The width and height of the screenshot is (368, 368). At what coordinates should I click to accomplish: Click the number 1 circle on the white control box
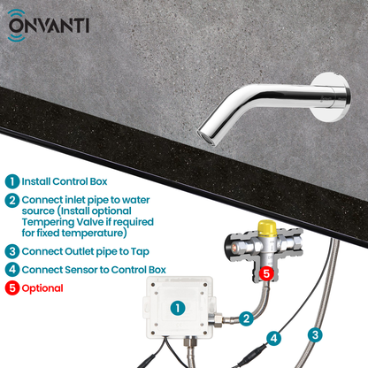pos(177,309)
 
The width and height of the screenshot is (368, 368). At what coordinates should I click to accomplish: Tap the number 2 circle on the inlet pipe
pos(249,316)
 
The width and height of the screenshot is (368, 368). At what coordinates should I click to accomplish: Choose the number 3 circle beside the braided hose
pos(314,334)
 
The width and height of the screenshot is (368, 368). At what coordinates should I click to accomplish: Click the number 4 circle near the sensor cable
pos(274,337)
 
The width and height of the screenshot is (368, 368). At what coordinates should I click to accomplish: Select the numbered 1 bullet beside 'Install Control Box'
pos(11,181)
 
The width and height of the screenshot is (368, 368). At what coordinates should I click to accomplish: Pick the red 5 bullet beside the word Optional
pos(11,287)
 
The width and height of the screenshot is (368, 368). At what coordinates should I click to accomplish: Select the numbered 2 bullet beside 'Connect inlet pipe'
pos(11,200)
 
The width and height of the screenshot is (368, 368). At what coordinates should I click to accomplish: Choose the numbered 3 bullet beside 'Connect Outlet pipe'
pos(11,251)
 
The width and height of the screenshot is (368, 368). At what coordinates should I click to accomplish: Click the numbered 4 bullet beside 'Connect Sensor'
pos(11,269)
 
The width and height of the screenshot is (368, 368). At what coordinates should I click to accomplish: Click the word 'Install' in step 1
pos(41,181)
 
